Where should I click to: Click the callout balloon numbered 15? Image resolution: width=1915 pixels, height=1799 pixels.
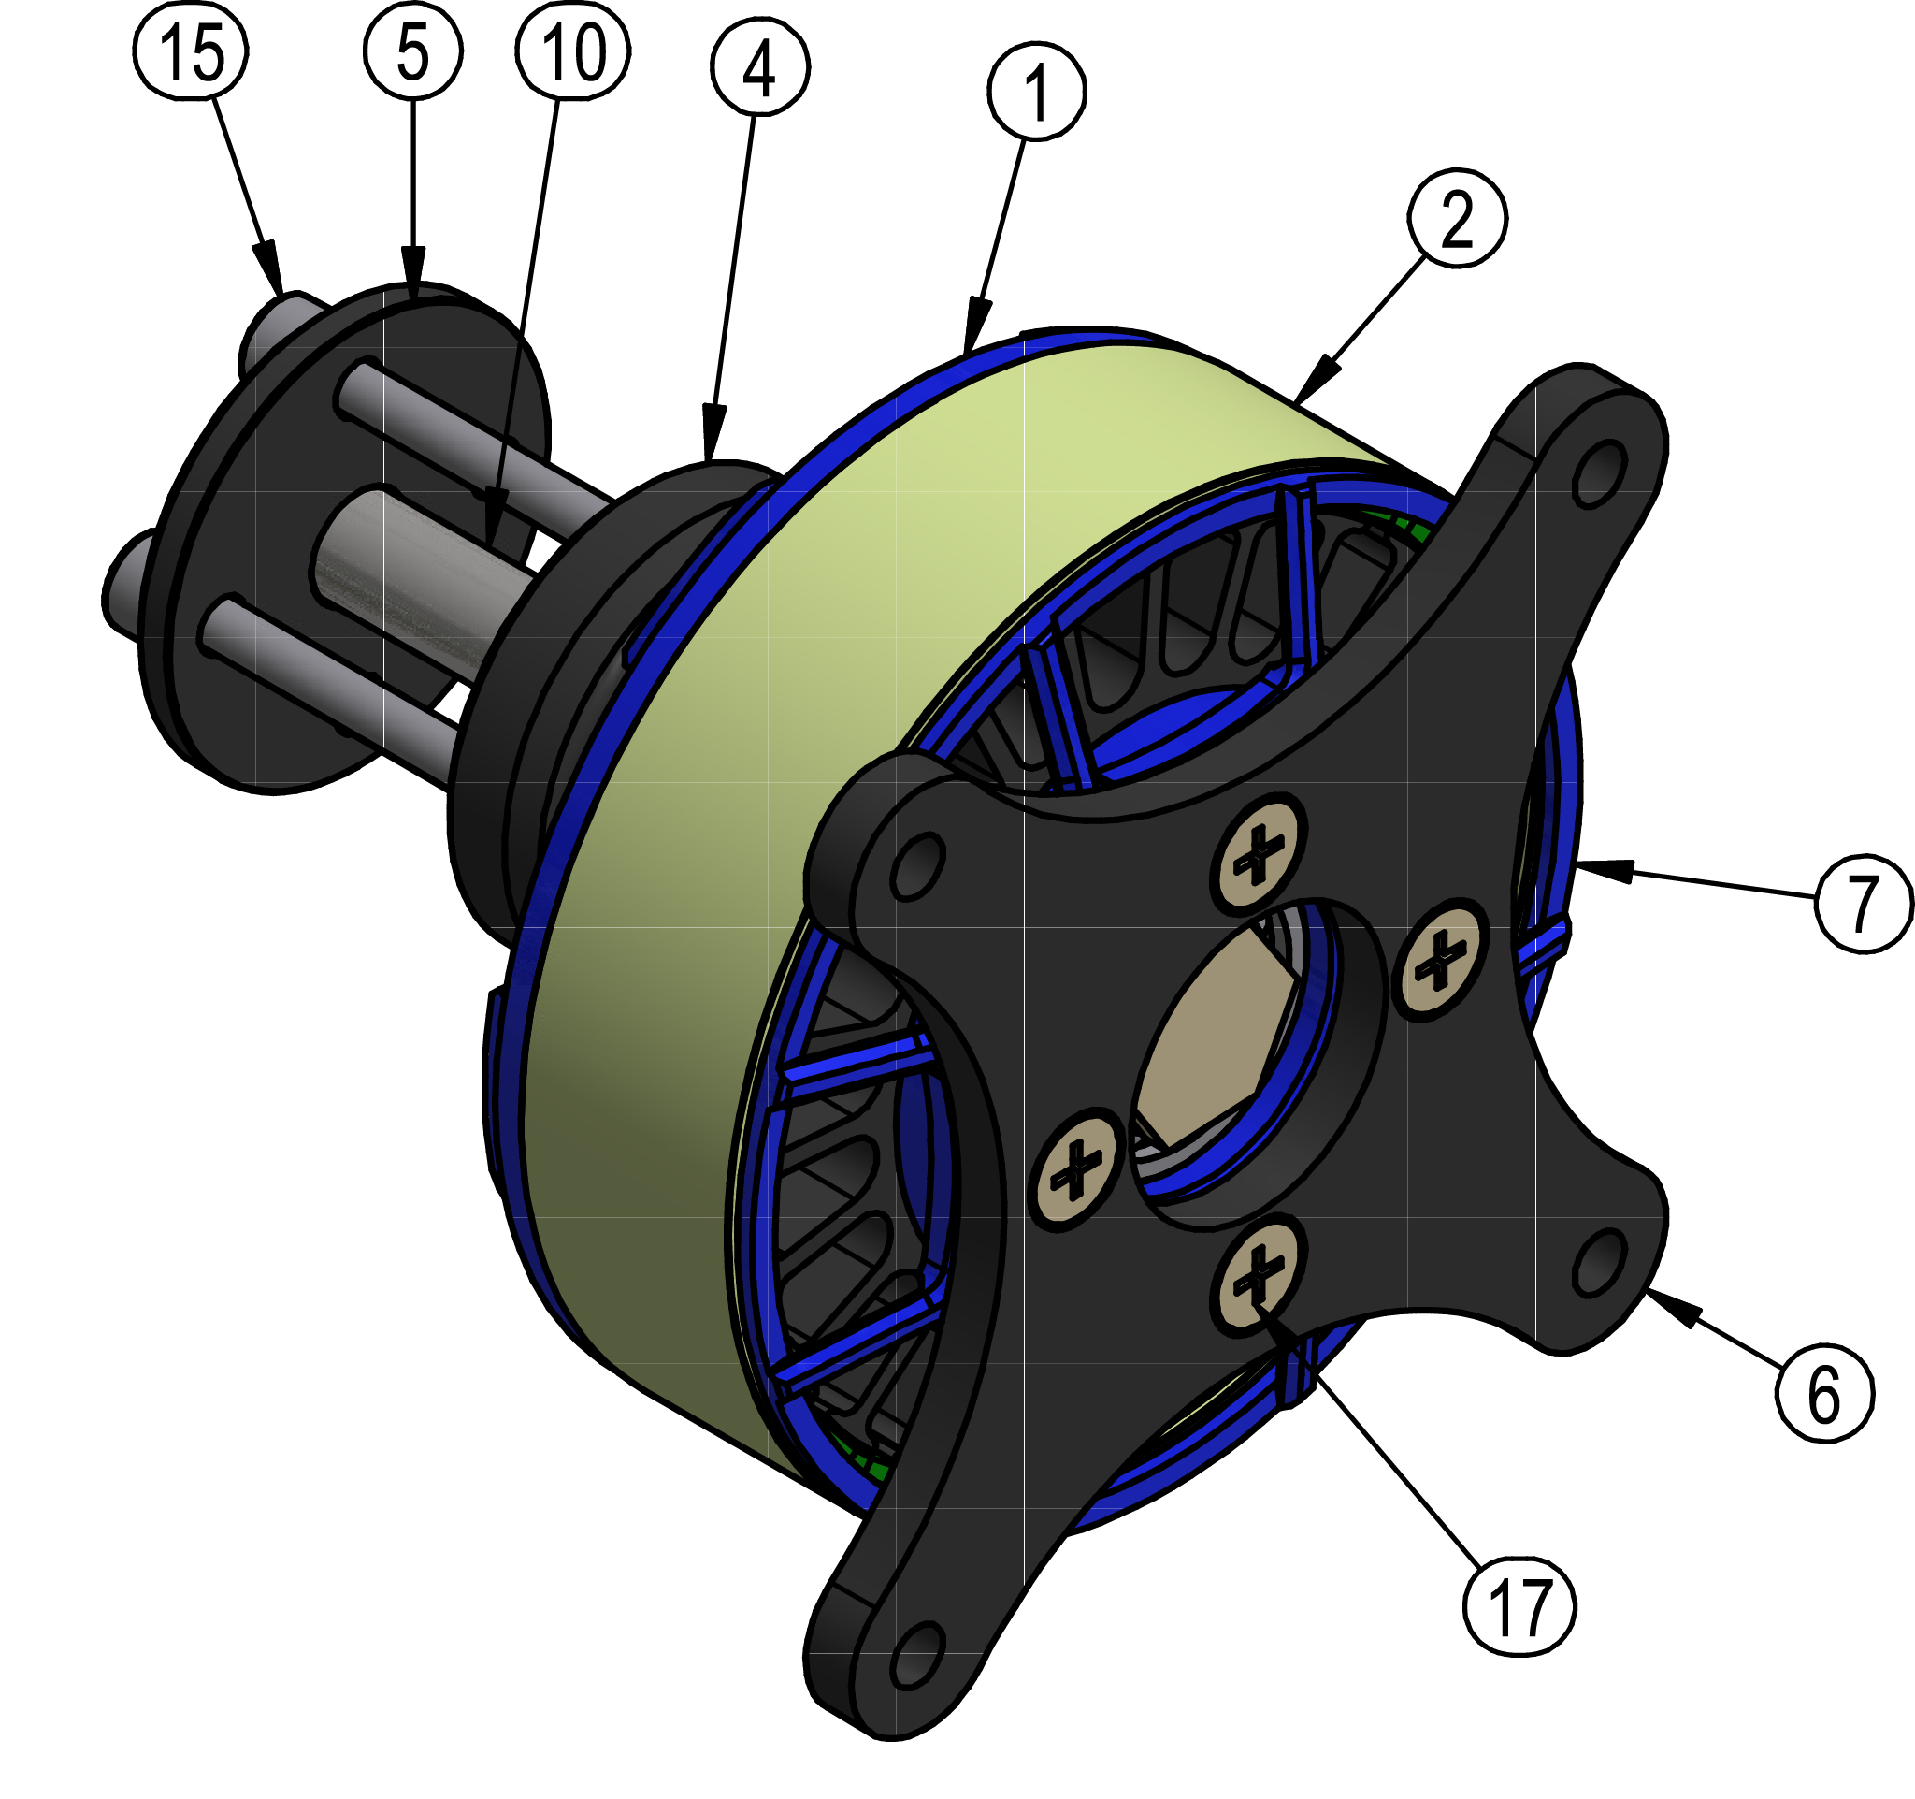[190, 51]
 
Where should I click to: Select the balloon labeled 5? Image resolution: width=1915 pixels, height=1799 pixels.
[412, 51]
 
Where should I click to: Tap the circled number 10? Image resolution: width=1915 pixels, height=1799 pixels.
[572, 51]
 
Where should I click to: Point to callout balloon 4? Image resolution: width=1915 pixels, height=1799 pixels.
[760, 66]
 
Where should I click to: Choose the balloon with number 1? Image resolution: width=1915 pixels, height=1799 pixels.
[1036, 92]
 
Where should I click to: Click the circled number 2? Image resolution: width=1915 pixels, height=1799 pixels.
[1457, 219]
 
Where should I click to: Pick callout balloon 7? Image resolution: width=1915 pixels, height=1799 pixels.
[1863, 903]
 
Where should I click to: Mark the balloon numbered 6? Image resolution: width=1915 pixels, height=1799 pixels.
[1824, 1394]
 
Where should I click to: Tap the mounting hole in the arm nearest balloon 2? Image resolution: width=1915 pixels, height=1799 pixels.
[1596, 472]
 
